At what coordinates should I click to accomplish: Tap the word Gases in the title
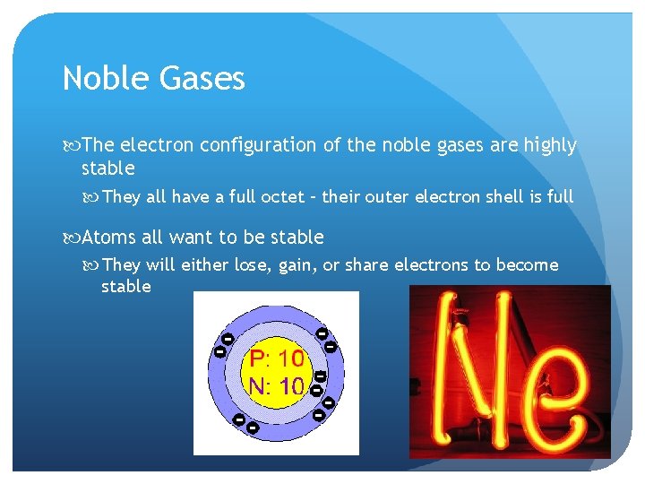point(202,79)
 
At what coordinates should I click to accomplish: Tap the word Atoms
point(108,238)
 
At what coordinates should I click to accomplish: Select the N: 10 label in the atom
point(277,386)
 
